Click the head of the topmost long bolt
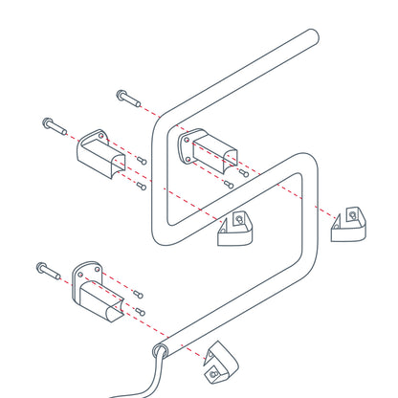pyautogui.click(x=121, y=95)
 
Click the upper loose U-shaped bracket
pyautogui.click(x=99, y=152)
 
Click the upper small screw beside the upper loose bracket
pyautogui.click(x=141, y=160)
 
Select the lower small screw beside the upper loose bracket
pyautogui.click(x=142, y=185)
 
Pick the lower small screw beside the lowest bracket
pyautogui.click(x=140, y=311)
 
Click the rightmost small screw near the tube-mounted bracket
pyautogui.click(x=243, y=173)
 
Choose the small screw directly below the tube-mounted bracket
pyautogui.click(x=228, y=183)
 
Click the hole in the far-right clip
pyautogui.click(x=353, y=214)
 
